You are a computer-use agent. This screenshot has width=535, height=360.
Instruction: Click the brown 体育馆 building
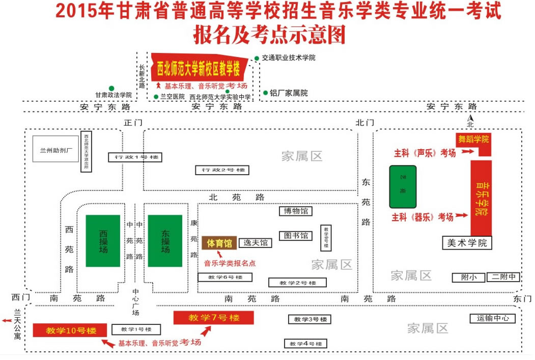[x=219, y=243]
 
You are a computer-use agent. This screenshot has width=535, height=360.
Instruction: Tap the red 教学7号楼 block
[x=214, y=318]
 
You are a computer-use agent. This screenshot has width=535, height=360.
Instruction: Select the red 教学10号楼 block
[x=70, y=330]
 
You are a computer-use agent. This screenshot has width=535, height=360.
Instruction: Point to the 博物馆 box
[x=295, y=211]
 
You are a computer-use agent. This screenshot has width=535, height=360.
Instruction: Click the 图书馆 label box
[x=295, y=236]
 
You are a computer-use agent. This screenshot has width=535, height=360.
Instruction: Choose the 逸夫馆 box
[x=256, y=243]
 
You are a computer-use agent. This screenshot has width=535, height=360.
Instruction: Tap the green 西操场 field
[x=103, y=241]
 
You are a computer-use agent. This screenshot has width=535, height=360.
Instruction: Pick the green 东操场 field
[x=165, y=241]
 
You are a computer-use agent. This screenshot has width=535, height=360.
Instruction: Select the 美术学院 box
[x=467, y=243]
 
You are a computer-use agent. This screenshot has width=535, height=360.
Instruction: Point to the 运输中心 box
[x=492, y=319]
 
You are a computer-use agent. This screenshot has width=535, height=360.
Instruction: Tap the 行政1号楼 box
[x=134, y=157]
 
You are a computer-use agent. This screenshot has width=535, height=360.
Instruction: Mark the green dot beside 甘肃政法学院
[x=111, y=88]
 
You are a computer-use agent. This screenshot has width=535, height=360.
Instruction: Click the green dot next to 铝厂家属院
[x=265, y=93]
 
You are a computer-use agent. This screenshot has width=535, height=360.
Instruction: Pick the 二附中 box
[x=504, y=278]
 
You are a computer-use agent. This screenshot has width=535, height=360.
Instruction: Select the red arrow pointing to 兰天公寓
[x=7, y=320]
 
